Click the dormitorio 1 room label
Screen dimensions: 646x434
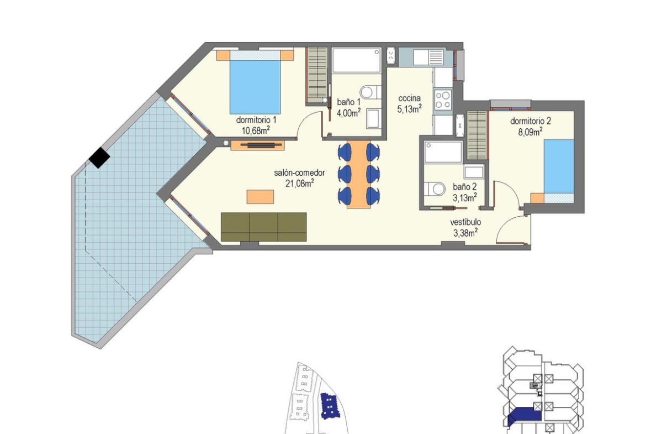(256, 120)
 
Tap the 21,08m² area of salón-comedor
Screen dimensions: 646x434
(299, 183)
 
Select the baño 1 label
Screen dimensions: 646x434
(348, 102)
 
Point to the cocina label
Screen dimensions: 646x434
(409, 98)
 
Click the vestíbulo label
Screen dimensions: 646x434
(465, 222)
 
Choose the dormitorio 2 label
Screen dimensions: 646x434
(530, 121)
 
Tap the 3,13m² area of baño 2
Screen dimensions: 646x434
(465, 197)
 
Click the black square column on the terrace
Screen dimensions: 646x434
(99, 158)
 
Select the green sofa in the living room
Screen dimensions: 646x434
(264, 227)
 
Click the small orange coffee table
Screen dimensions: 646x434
(260, 197)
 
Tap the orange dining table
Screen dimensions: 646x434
(357, 175)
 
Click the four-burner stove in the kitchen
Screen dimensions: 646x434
(442, 100)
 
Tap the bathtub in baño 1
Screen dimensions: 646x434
(356, 61)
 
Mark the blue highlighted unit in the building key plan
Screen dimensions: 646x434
(525, 414)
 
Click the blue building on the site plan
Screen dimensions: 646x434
(329, 405)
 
